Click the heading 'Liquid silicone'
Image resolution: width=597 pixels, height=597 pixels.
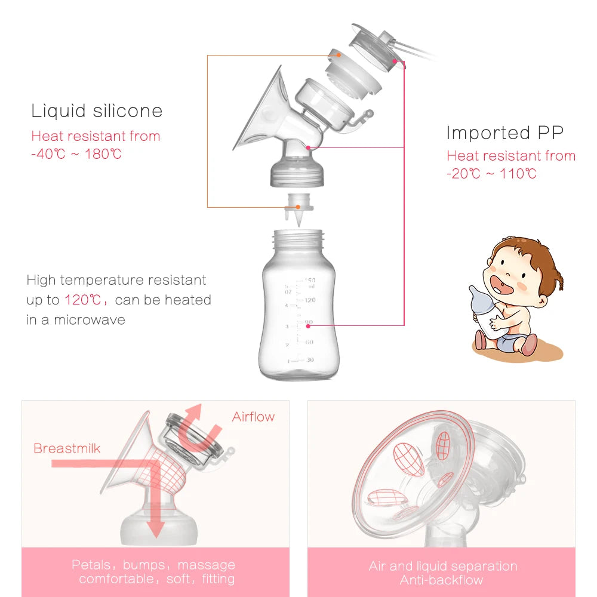click(x=97, y=111)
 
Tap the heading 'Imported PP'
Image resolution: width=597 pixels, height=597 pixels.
click(x=505, y=133)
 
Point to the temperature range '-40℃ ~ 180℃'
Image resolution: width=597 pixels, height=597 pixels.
click(x=76, y=154)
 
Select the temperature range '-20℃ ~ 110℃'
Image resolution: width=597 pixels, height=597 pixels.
click(x=491, y=174)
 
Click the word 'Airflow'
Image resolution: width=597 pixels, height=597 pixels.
click(x=254, y=417)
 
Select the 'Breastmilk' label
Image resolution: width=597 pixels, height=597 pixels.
click(x=67, y=448)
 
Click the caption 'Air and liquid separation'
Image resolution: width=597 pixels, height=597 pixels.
click(x=442, y=567)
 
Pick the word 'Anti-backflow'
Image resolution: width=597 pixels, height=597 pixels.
click(x=442, y=580)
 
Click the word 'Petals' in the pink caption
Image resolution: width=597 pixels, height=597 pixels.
click(x=91, y=565)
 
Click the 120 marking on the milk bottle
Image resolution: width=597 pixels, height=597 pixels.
click(x=309, y=300)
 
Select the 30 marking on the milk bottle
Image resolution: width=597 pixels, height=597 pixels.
click(x=309, y=360)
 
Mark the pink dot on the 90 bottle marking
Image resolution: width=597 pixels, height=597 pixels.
click(x=309, y=325)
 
